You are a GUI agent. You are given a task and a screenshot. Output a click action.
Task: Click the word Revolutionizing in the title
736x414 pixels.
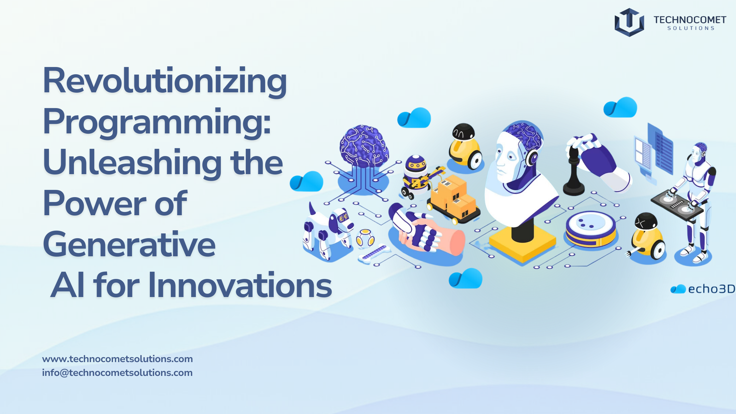165,81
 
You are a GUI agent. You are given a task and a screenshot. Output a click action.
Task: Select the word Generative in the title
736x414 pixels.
129,244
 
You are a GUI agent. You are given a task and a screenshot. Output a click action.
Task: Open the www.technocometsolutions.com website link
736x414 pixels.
117,359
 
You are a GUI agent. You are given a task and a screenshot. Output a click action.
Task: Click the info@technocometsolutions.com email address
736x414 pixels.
117,373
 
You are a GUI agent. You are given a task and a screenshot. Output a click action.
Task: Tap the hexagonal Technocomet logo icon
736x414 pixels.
629,22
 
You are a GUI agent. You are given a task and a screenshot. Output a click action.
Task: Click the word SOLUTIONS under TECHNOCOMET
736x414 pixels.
691,29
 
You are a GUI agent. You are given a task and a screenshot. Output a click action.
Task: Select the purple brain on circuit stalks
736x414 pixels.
364,147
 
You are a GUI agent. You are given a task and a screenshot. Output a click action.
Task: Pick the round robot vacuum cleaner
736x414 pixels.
590,229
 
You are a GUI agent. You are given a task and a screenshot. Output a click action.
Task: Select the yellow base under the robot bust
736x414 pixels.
522,243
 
